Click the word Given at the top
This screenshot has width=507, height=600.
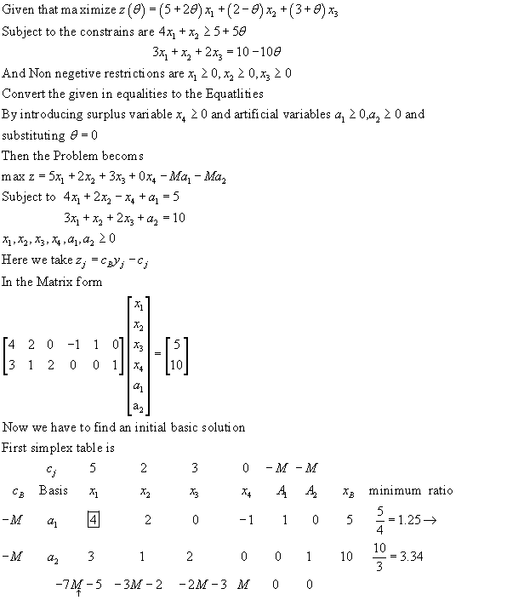(x=20, y=13)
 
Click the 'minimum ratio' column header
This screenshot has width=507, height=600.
(x=411, y=491)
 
